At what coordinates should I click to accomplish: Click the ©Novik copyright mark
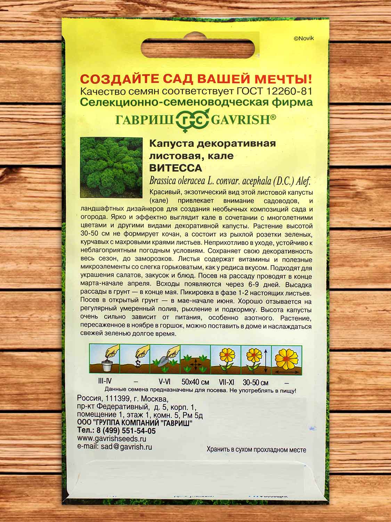(304, 39)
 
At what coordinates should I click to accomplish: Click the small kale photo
(111, 167)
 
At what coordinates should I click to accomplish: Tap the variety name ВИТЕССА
(176, 168)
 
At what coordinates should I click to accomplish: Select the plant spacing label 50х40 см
(195, 382)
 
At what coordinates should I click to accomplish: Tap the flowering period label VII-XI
(226, 382)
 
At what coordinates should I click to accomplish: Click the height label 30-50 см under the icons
(256, 383)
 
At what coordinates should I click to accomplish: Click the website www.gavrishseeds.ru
(112, 439)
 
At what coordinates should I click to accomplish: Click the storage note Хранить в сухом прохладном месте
(256, 450)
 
